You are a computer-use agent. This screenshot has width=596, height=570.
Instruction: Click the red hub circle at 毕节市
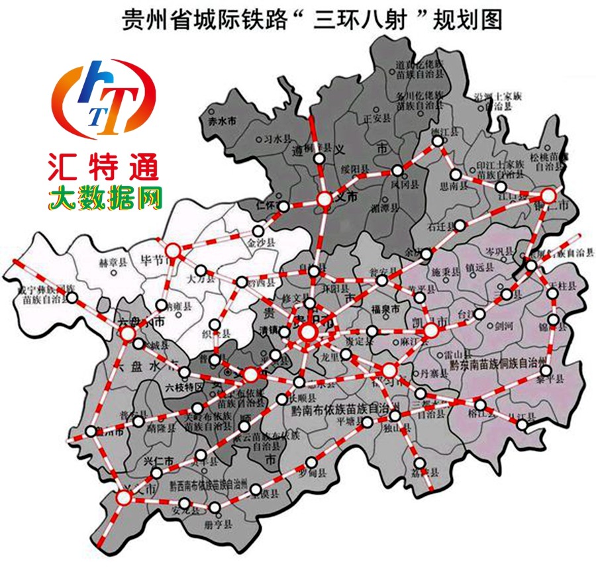[173, 250]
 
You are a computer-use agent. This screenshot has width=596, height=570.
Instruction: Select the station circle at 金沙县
[257, 231]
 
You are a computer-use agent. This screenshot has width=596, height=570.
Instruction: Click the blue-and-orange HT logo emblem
[104, 97]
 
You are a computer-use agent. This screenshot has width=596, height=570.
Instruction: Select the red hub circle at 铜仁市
[548, 195]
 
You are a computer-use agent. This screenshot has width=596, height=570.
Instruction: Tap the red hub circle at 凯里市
[431, 331]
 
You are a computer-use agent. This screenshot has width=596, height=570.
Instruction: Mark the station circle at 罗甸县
[311, 462]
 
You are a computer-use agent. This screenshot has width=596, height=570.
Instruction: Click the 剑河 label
[503, 326]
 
